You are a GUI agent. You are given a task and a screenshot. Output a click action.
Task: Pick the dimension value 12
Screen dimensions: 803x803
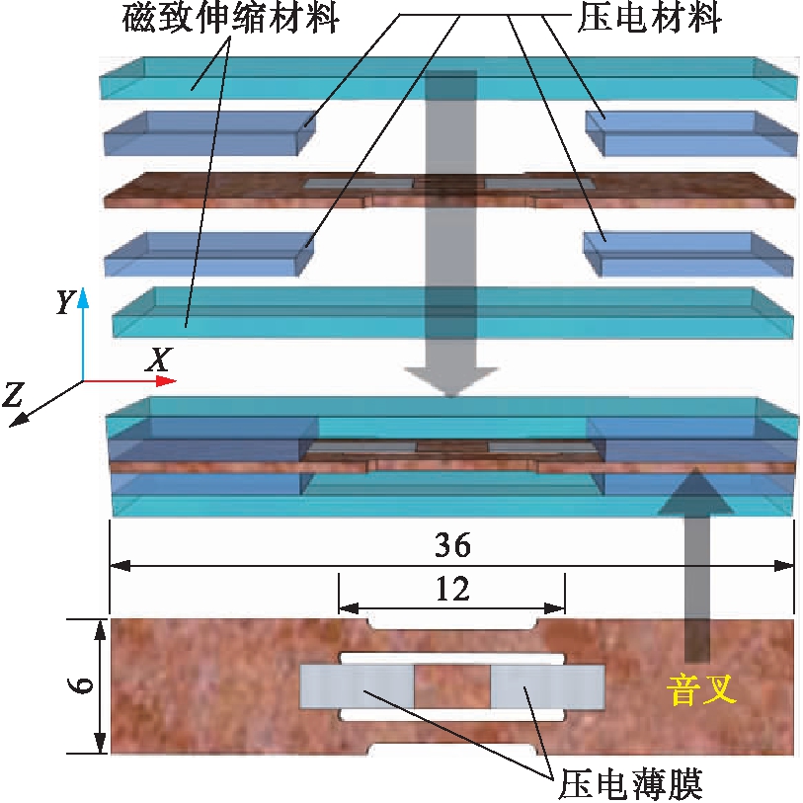click(451, 590)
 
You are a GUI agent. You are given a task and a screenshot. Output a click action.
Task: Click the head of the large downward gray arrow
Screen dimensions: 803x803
click(451, 380)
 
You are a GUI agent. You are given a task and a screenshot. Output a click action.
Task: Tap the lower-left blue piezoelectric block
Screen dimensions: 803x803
click(207, 254)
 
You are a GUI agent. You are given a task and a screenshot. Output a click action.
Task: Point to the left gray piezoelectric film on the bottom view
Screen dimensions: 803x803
click(357, 685)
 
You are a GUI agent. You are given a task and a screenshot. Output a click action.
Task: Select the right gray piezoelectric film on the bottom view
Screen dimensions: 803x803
click(547, 685)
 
